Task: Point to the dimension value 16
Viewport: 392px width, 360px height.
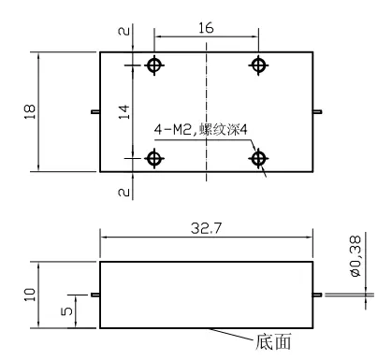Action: [207, 28]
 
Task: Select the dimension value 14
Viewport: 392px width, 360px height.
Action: [122, 111]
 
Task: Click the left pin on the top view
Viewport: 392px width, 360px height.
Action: [95, 113]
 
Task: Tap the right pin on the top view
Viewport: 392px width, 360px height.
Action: [319, 113]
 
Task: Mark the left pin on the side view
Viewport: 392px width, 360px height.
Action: [95, 295]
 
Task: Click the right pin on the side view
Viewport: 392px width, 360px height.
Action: [319, 295]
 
